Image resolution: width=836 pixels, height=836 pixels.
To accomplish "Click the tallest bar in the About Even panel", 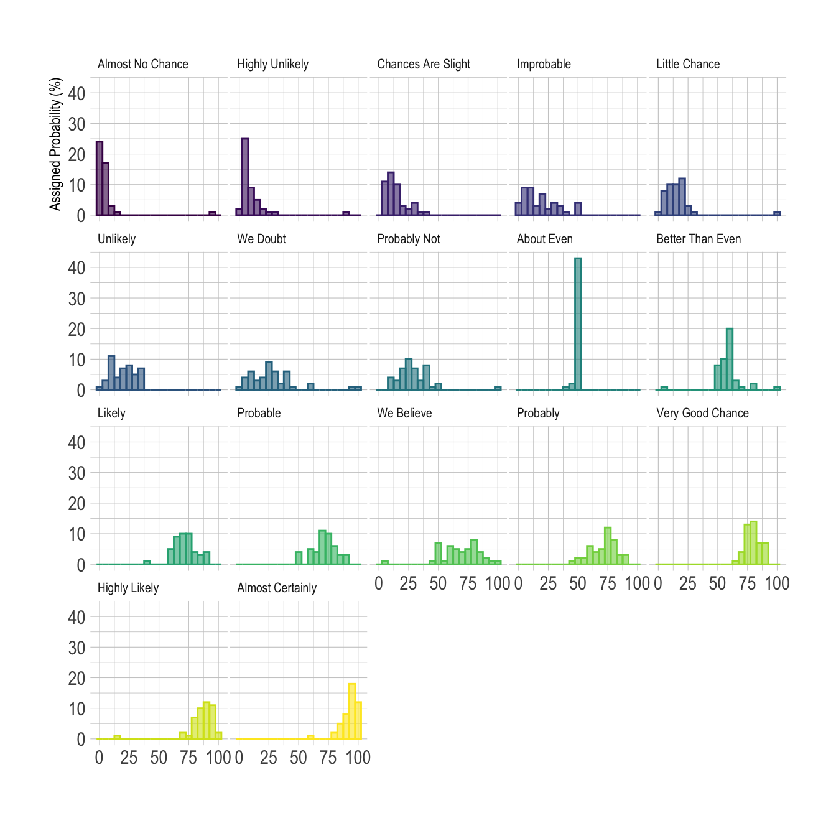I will click(578, 323).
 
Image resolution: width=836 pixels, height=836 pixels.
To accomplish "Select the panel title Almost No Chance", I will click(142, 64).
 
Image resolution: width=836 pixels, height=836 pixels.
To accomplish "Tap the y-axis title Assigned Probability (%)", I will click(56, 144).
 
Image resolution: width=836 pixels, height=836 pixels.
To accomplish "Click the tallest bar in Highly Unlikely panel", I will click(245, 177).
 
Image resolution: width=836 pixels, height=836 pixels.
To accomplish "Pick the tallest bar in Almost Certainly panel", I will click(352, 711).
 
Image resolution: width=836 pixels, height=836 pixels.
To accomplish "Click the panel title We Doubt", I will click(261, 239).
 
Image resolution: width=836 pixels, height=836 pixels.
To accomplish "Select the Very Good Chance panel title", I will click(702, 413).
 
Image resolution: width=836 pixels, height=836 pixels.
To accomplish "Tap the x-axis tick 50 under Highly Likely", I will click(159, 758).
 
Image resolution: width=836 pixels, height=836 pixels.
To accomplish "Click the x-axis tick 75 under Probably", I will click(608, 583).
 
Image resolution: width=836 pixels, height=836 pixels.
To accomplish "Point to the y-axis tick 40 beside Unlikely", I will click(77, 268).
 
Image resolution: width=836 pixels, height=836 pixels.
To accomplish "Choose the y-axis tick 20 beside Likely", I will click(77, 504).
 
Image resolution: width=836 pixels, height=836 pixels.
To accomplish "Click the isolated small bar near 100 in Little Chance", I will click(777, 213).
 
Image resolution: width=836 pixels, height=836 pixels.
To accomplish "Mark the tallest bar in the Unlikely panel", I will click(111, 373).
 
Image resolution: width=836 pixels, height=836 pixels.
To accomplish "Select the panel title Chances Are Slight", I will click(424, 64).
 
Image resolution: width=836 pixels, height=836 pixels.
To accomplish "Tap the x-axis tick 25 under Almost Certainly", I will click(269, 758).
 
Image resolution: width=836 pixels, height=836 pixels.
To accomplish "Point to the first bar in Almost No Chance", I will click(100, 178).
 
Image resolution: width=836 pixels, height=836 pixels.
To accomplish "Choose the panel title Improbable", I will click(544, 64).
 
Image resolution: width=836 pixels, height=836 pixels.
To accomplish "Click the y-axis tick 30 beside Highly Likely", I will click(77, 648).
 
